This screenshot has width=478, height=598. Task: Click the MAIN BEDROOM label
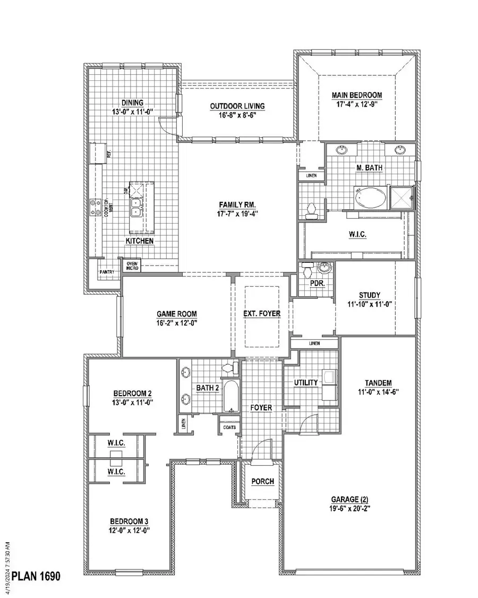357,95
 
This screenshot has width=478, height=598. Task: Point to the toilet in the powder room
307,271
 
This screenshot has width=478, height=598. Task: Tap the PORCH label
262,482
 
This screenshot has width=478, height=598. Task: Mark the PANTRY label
106,272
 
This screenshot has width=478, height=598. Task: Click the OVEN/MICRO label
131,265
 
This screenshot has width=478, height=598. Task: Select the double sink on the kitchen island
138,207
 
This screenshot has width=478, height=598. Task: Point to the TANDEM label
378,383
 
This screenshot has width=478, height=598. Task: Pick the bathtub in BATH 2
232,396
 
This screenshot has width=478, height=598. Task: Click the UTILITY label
305,382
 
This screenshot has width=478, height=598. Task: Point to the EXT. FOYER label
262,313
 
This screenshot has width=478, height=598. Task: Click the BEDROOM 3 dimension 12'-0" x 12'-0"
130,530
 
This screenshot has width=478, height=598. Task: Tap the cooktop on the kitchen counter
97,207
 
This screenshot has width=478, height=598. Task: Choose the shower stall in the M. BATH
402,197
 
